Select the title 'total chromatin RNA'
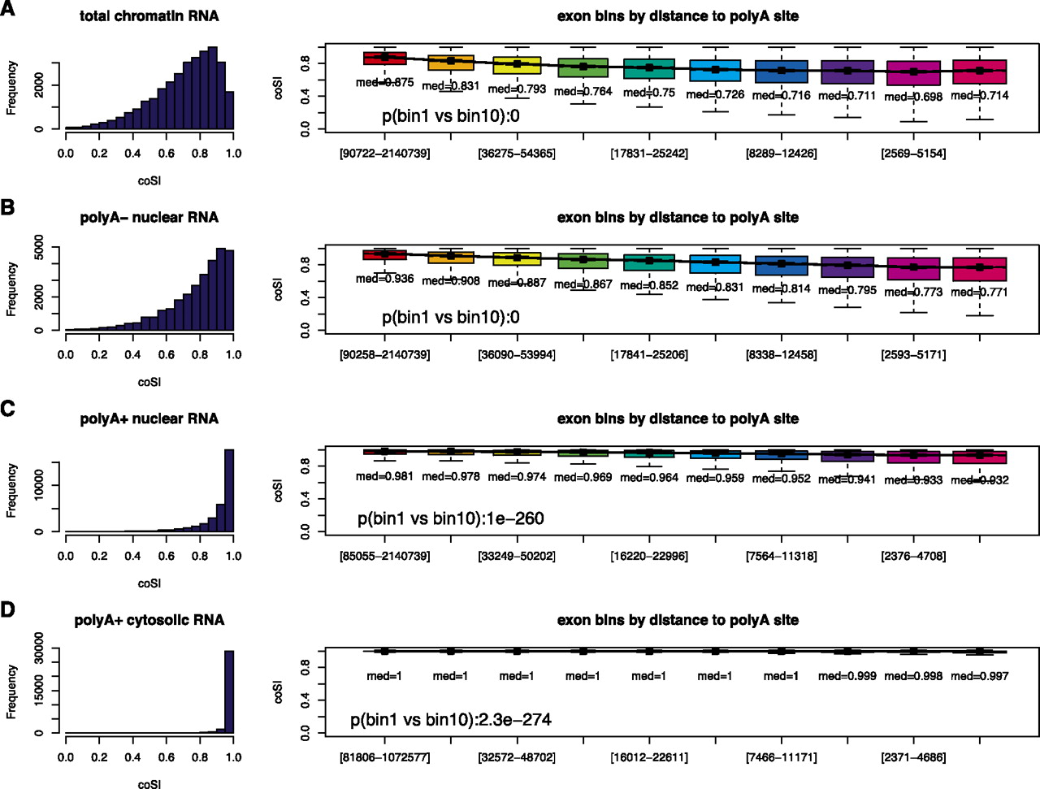(149, 15)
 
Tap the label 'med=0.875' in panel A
(384, 82)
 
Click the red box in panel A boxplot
(384, 58)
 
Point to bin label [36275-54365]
(517, 154)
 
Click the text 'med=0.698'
(913, 97)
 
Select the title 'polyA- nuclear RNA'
(149, 217)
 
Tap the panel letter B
(7, 207)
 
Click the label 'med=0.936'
(384, 279)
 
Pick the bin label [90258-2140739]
(384, 355)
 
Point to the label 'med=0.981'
(384, 476)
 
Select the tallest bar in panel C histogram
(229, 490)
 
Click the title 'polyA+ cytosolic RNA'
(149, 620)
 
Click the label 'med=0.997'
(979, 676)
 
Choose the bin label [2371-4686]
(913, 757)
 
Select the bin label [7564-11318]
(781, 557)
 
